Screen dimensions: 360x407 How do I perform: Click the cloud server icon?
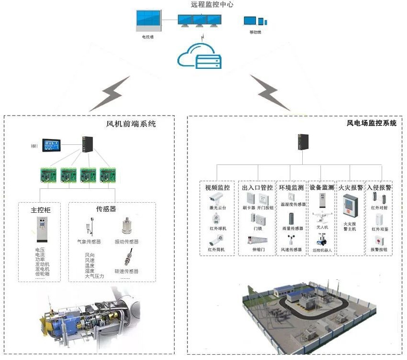[x=199, y=56]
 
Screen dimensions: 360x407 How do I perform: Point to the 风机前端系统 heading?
[x=131, y=124]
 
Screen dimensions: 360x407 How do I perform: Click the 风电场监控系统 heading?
[x=371, y=123]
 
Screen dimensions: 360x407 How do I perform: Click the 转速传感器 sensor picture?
[x=128, y=257]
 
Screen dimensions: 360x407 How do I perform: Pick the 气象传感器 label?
[x=89, y=242]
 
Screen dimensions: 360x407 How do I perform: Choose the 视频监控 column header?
[x=218, y=187]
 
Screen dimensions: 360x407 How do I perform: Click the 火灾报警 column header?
[x=350, y=187]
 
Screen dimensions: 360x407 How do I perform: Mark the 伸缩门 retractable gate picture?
[x=257, y=240]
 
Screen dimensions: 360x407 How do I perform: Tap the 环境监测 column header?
[x=291, y=187]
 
